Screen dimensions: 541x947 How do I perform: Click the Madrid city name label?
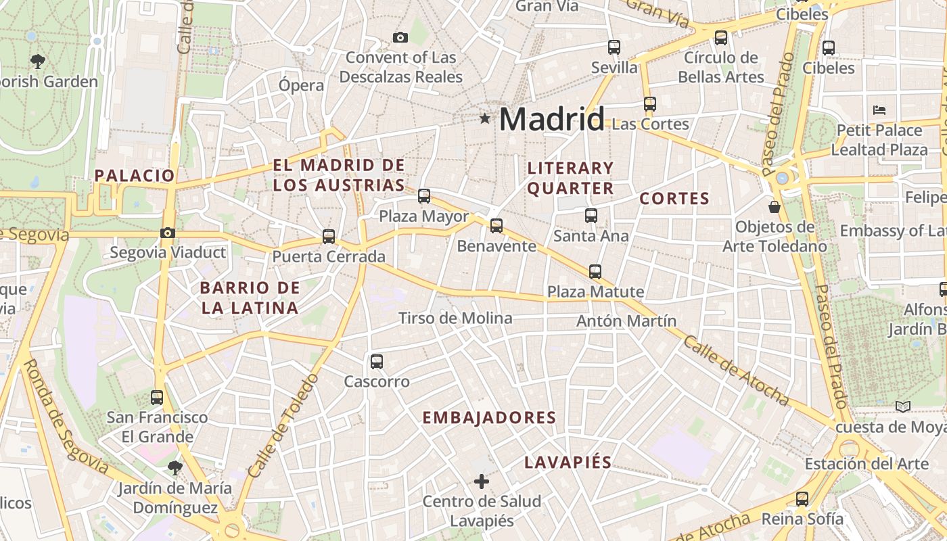(551, 120)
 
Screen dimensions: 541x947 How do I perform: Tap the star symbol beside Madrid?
(484, 119)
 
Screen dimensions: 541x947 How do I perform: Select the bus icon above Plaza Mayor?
(424, 196)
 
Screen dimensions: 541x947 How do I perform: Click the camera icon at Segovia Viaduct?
(168, 233)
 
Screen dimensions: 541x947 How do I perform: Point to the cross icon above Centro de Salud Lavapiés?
(482, 481)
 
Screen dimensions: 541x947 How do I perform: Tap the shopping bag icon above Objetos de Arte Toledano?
(775, 206)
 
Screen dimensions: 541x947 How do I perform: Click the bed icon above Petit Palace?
(879, 110)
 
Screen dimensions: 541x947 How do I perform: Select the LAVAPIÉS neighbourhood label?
(568, 463)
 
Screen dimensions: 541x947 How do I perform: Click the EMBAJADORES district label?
(489, 418)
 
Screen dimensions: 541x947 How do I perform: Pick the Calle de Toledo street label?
(283, 425)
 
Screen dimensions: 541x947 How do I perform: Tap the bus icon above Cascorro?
(377, 362)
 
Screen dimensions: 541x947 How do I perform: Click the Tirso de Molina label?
(455, 318)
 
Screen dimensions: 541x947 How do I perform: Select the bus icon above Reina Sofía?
(802, 499)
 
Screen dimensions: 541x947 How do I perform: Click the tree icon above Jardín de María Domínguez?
(175, 467)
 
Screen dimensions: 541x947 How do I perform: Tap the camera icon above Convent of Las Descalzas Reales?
(400, 37)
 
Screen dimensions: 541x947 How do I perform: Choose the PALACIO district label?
(135, 176)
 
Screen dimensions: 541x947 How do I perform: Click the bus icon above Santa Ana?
(591, 216)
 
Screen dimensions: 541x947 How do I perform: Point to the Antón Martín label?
(626, 321)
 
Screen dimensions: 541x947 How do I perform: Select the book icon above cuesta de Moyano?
(903, 406)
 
